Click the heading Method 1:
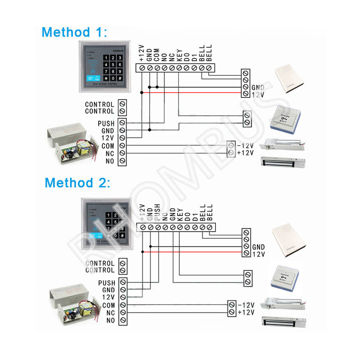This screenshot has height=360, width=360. coord(74,32)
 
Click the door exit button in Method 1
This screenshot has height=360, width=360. coord(286,120)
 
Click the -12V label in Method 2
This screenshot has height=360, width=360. coord(246,305)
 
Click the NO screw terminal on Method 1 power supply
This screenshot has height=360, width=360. coord(122,161)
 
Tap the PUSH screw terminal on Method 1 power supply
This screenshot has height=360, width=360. coord(122,123)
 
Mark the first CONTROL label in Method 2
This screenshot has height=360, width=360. coord(100,264)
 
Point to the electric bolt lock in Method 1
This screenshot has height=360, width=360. coord(284,145)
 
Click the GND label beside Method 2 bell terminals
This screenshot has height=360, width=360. coord(258,247)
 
